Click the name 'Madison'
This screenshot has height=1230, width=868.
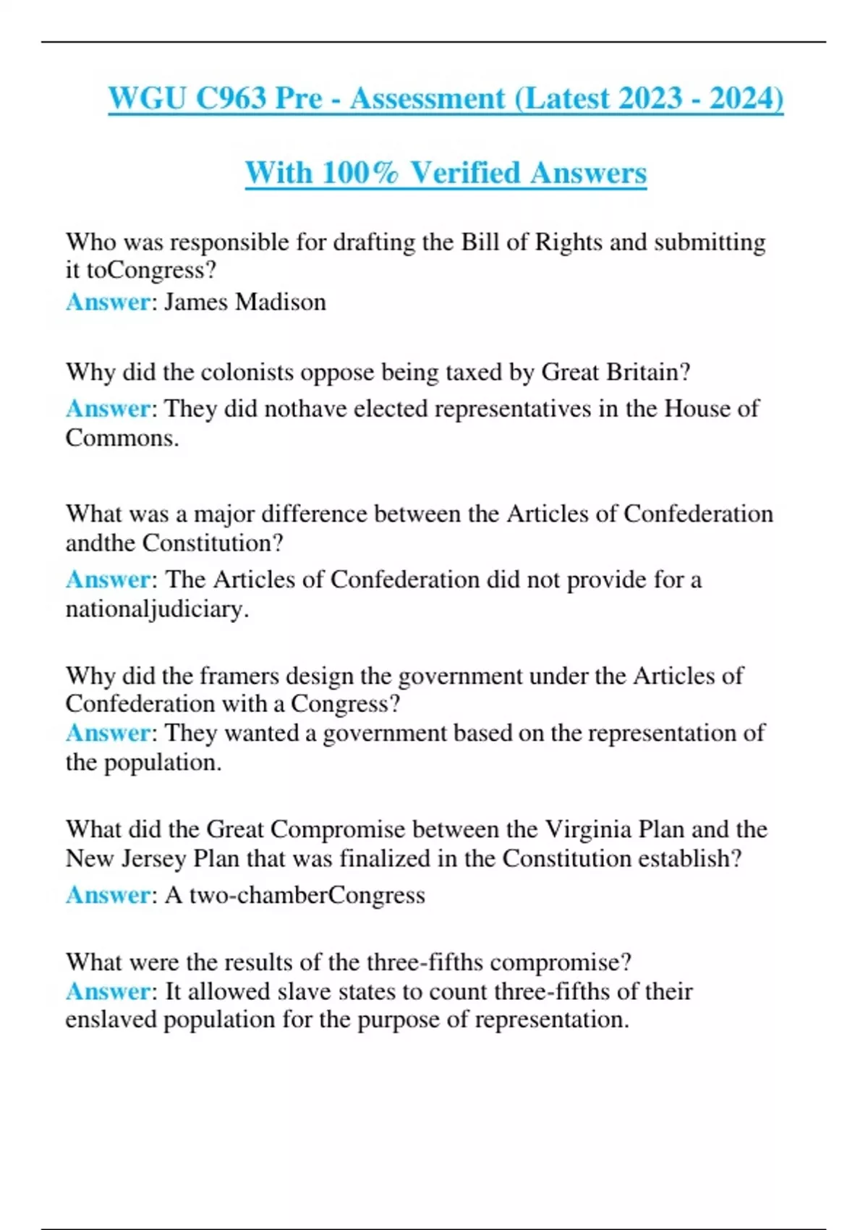pyautogui.click(x=281, y=302)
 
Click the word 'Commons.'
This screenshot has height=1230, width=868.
pyautogui.click(x=122, y=438)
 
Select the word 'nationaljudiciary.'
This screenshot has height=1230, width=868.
pyautogui.click(x=157, y=609)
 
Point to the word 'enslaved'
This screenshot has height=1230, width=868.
pyautogui.click(x=111, y=1019)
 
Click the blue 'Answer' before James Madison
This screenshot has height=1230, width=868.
pyautogui.click(x=108, y=302)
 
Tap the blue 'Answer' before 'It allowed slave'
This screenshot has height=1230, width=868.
pyautogui.click(x=108, y=991)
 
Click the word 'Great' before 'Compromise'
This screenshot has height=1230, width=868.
pyautogui.click(x=235, y=829)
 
